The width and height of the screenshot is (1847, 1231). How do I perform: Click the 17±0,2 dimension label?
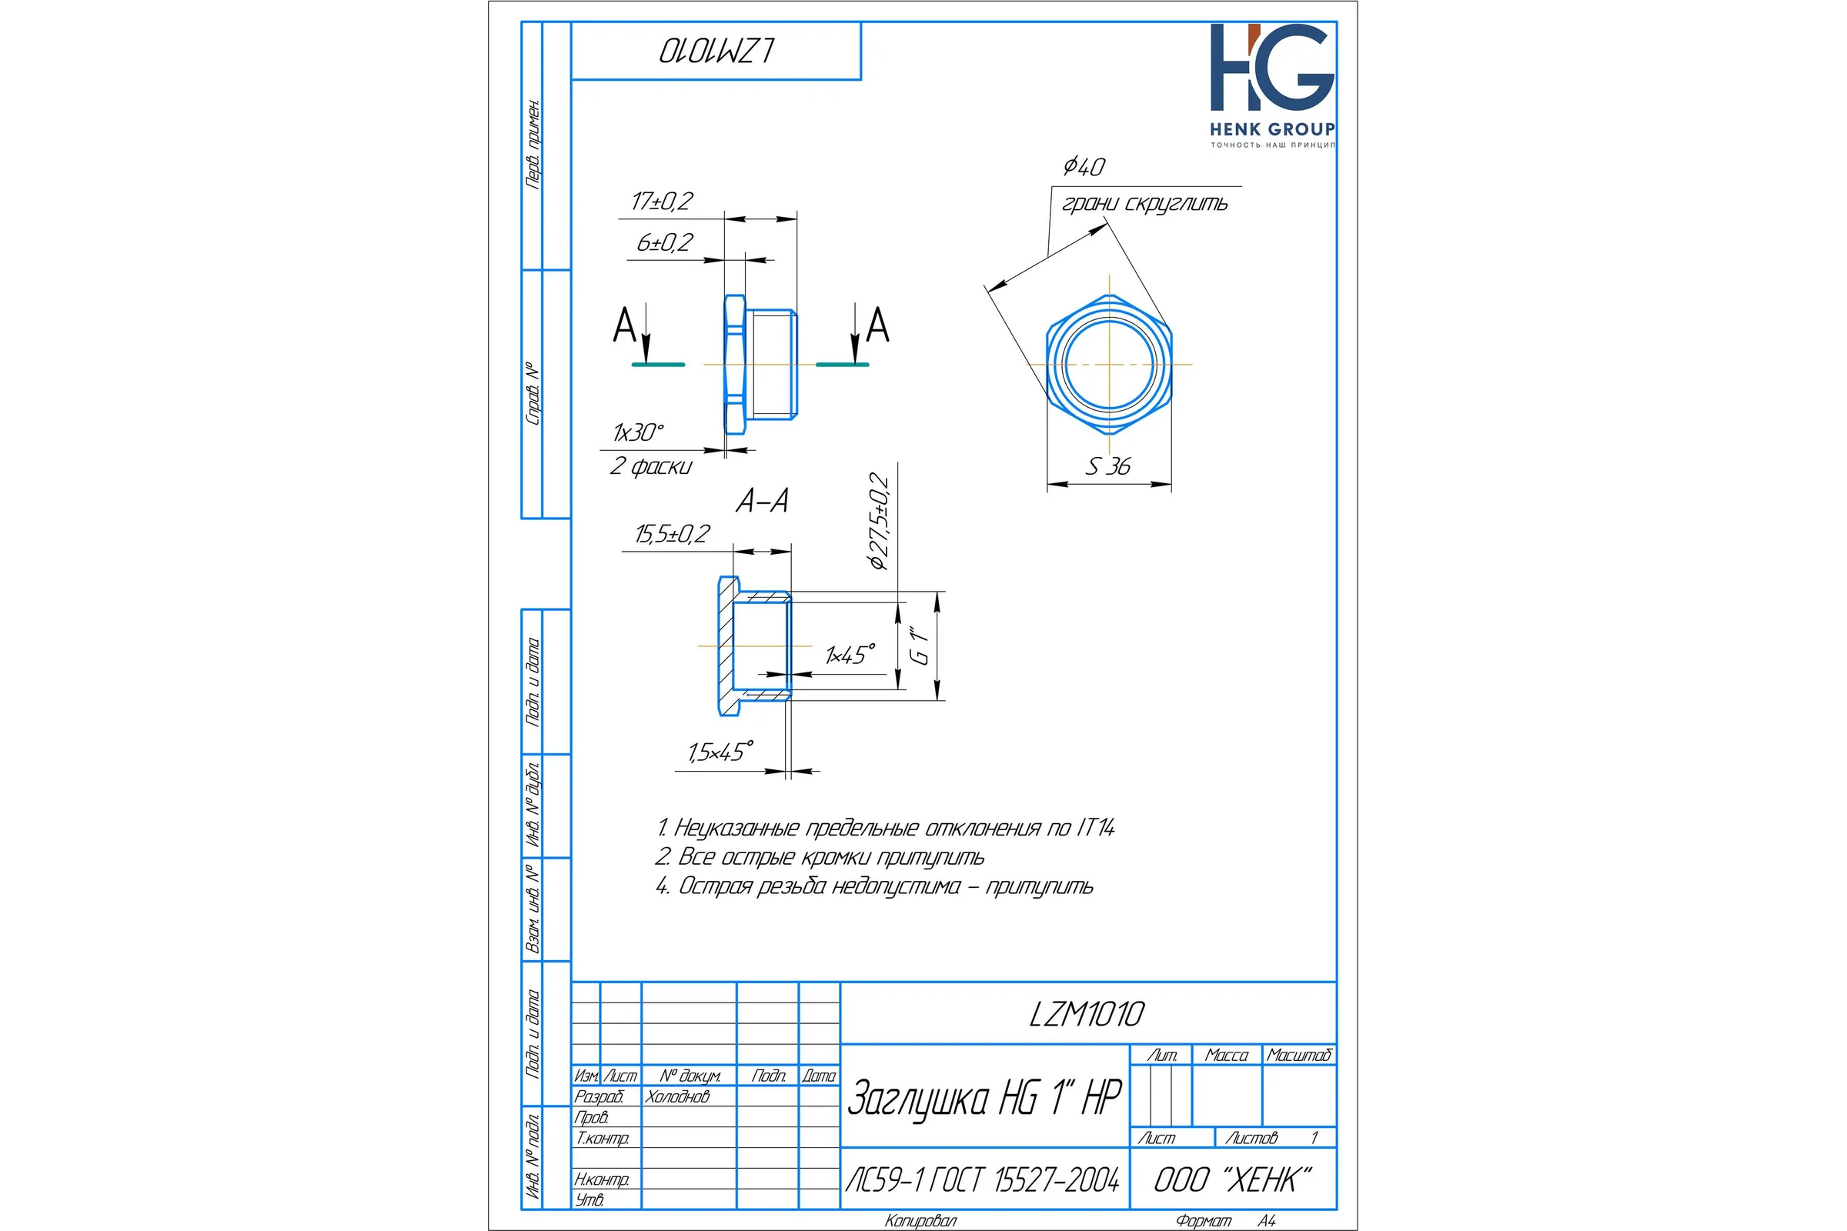click(662, 202)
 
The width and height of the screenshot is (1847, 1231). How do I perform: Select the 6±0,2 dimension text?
click(664, 242)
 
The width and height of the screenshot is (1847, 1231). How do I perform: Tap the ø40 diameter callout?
click(1084, 166)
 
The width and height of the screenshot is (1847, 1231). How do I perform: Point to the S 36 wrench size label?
click(1108, 467)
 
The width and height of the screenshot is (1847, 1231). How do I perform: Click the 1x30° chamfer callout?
click(638, 432)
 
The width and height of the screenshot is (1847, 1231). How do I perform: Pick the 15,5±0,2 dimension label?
click(672, 535)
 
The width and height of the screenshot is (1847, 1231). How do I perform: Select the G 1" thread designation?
click(919, 646)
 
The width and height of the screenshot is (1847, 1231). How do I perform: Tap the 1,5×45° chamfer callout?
click(720, 752)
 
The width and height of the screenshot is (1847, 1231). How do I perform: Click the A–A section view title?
click(762, 501)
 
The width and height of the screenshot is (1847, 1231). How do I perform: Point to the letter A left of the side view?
click(624, 325)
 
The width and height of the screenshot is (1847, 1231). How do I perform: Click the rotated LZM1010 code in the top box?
click(716, 51)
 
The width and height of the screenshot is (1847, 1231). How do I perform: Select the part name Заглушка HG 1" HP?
click(985, 1098)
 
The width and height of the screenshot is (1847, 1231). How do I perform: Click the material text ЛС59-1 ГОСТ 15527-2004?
click(983, 1180)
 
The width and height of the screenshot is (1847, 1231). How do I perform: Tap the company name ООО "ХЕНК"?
click(1232, 1180)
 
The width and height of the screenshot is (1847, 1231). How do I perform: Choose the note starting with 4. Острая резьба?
click(874, 886)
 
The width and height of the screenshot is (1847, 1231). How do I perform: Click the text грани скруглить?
click(1144, 204)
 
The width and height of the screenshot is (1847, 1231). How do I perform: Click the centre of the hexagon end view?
click(1109, 365)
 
